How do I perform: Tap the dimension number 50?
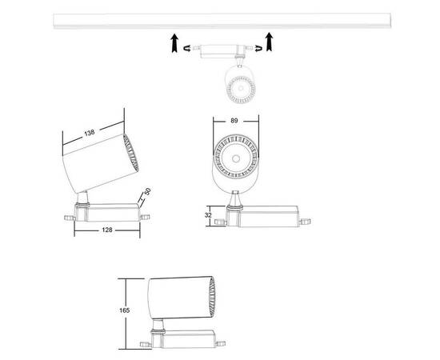pos(149,193)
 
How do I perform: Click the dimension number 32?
pos(207,214)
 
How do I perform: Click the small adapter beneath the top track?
pos(220,50)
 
